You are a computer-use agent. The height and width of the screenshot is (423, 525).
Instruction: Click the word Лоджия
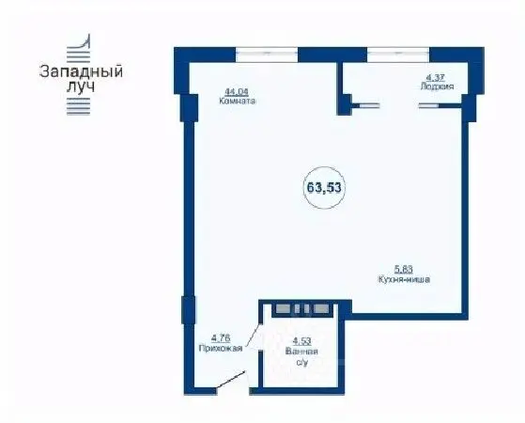pos(438,86)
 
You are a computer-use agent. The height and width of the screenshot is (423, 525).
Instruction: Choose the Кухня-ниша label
pos(404,280)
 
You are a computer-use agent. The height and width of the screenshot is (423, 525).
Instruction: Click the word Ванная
pos(301,352)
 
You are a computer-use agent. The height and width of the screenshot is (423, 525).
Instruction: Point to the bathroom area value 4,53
pos(301,341)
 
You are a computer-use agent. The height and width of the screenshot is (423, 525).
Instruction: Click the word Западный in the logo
pos(82,70)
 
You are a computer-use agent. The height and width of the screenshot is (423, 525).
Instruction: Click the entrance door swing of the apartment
pos(228,382)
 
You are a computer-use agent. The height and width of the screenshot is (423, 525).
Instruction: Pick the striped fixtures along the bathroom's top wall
pos(298,307)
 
